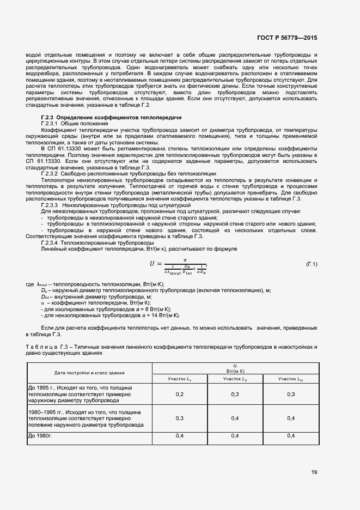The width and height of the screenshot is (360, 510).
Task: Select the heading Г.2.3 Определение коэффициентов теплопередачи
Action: point(111,118)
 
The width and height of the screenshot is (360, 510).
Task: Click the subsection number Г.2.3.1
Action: point(53,124)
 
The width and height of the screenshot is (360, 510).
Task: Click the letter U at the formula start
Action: point(152,264)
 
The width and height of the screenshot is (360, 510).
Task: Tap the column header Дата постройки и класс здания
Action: point(89,373)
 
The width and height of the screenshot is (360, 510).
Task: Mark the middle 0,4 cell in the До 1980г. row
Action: point(235,435)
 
